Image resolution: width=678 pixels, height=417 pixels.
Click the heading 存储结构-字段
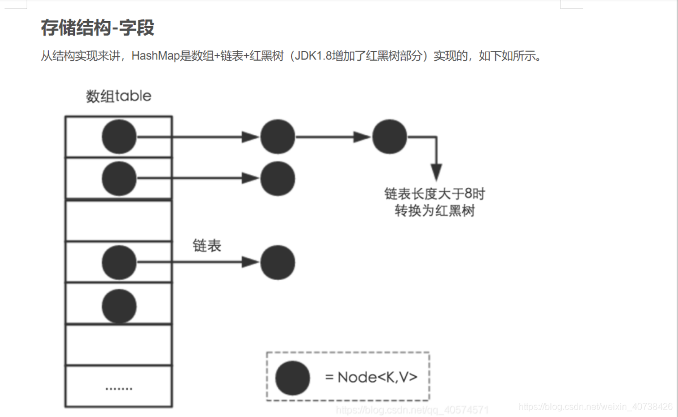[x=98, y=28]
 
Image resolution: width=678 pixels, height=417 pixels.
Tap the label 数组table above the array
[x=119, y=96]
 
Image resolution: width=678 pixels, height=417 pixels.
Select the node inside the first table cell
[x=119, y=137]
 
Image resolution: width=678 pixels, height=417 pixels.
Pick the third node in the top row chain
[x=390, y=137]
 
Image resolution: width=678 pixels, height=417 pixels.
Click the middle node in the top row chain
[x=277, y=137]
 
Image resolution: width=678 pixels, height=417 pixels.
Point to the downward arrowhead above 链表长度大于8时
[x=436, y=171]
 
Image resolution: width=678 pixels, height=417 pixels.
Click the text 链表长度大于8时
[x=435, y=194]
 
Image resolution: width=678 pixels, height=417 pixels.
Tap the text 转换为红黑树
[x=435, y=211]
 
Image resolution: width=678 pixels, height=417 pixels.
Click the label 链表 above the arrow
[x=207, y=246]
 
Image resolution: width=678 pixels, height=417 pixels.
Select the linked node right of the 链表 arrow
[x=277, y=262]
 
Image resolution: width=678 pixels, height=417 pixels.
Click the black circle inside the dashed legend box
[x=293, y=378]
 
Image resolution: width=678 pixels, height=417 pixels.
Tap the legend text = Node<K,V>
[x=371, y=377]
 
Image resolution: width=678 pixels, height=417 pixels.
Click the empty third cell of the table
[x=119, y=220]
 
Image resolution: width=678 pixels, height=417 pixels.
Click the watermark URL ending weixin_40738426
[x=596, y=407]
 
